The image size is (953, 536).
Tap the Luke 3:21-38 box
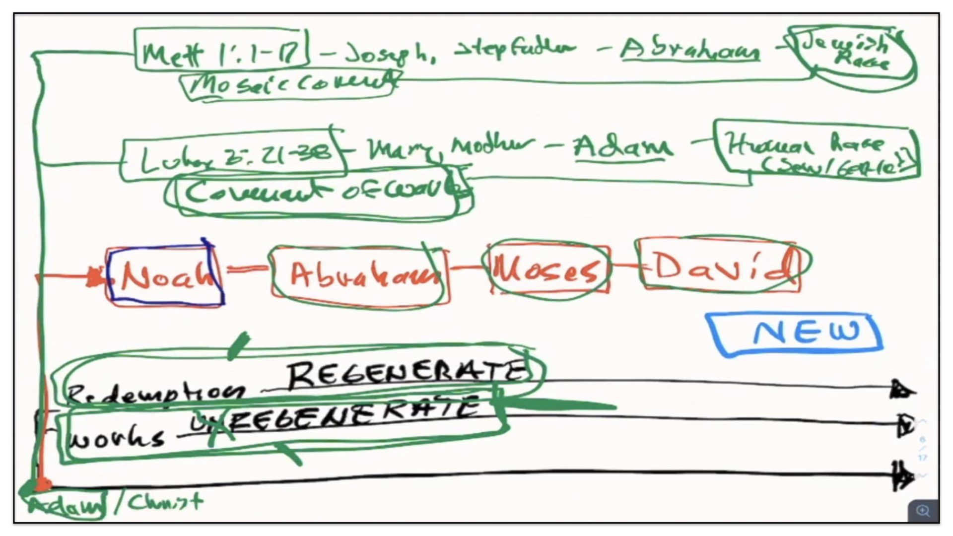[x=233, y=158]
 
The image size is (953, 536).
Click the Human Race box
[x=817, y=151]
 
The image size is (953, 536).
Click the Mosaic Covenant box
[x=290, y=85]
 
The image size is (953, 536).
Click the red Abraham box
[x=360, y=274]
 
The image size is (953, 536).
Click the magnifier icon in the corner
[x=923, y=511]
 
